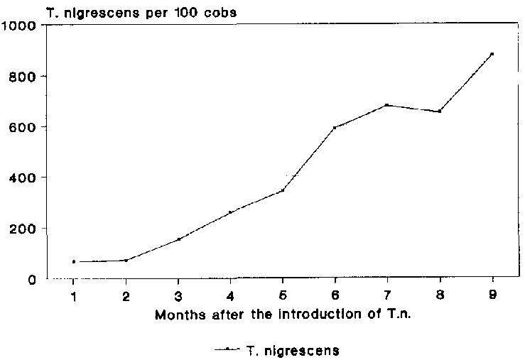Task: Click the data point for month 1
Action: pyautogui.click(x=74, y=262)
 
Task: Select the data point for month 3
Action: pyautogui.click(x=178, y=239)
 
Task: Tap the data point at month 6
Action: pyautogui.click(x=335, y=128)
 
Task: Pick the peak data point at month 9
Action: pyautogui.click(x=492, y=54)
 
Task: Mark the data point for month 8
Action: pyautogui.click(x=440, y=111)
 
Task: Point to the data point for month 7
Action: pyautogui.click(x=386, y=105)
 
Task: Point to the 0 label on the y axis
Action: pyautogui.click(x=32, y=280)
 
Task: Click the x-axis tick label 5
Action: pyautogui.click(x=283, y=295)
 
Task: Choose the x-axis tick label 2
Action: pyautogui.click(x=126, y=295)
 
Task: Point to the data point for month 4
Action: pyautogui.click(x=230, y=212)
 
